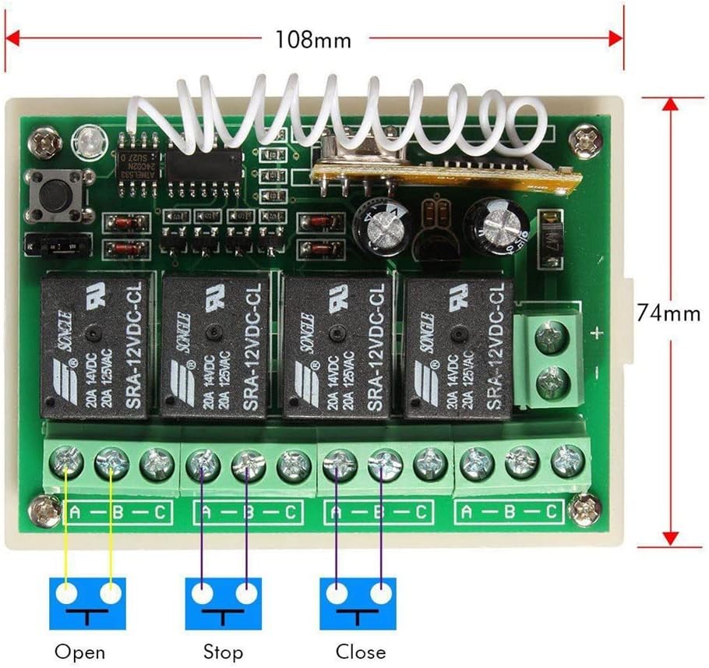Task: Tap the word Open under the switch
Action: tap(79, 651)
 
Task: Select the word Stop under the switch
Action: tap(223, 651)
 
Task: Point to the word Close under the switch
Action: tap(360, 651)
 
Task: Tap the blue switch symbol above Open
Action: tap(88, 603)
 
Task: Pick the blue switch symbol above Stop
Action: tap(224, 603)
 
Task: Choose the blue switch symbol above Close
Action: tap(358, 603)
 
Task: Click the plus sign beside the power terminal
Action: tap(597, 334)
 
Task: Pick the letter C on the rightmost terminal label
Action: tap(551, 511)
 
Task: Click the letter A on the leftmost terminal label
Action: tap(76, 512)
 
